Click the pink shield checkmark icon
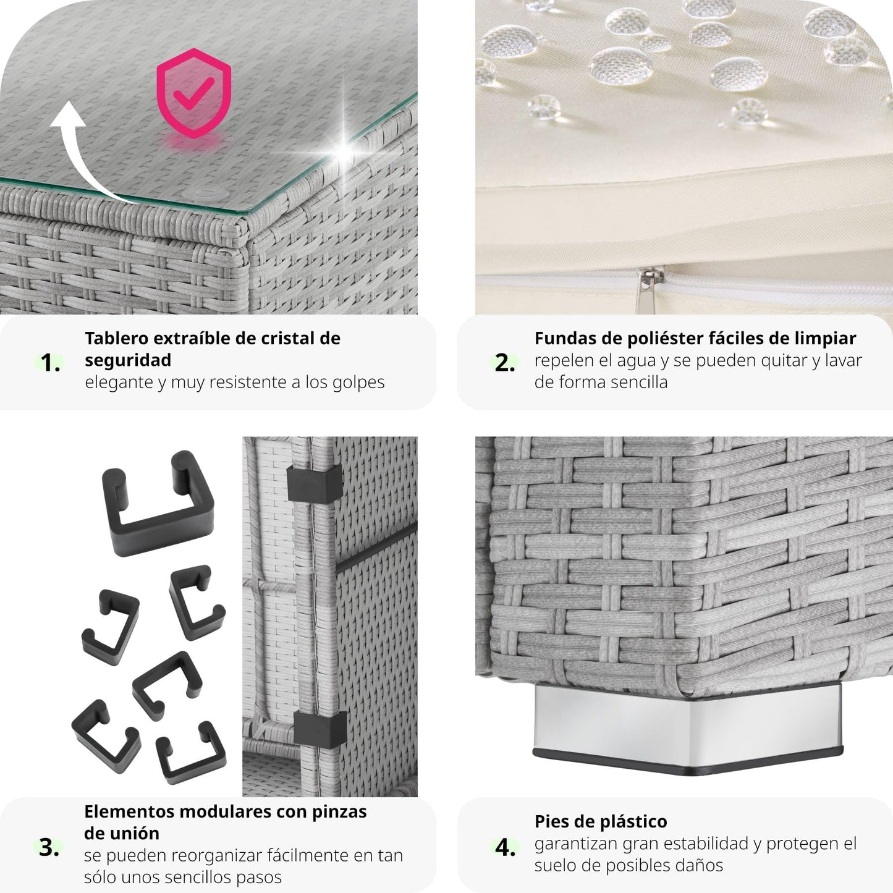click(193, 93)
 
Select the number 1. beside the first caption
click(50, 363)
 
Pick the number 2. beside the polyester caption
click(505, 363)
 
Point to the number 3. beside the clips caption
click(49, 848)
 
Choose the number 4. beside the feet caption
click(505, 848)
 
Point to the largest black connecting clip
click(158, 503)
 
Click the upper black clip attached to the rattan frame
click(314, 485)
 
